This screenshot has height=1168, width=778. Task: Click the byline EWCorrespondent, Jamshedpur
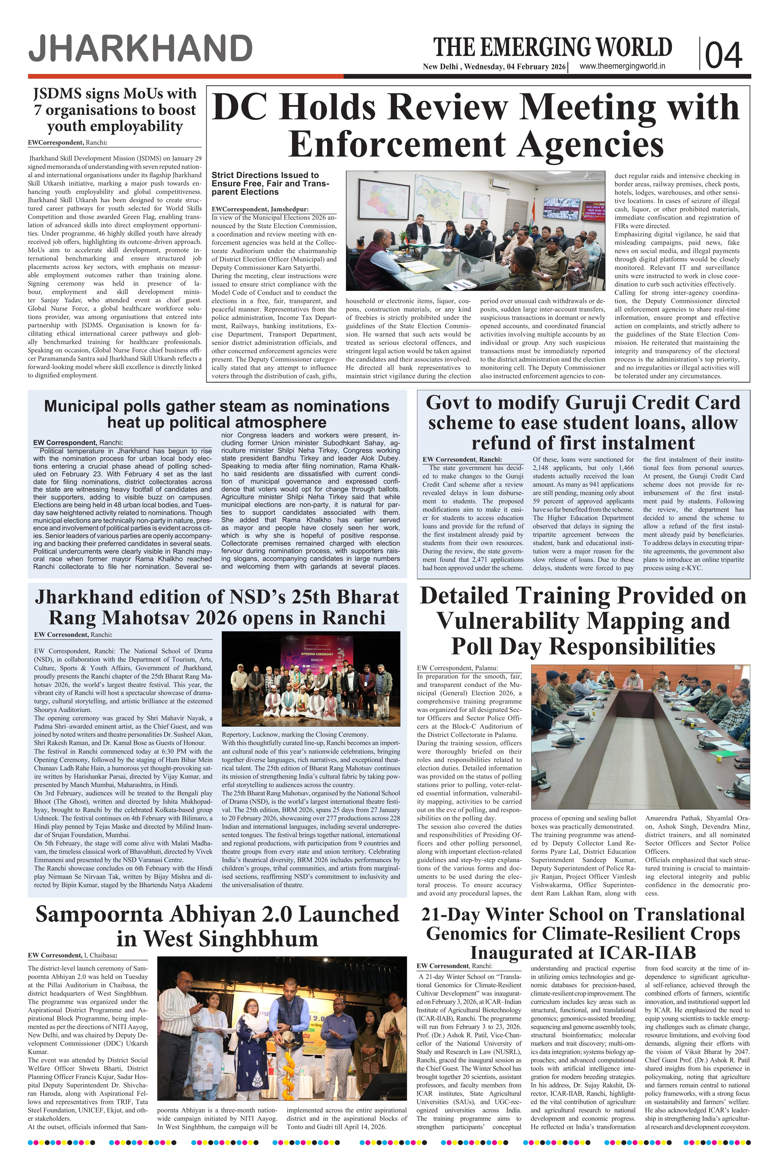[266, 210]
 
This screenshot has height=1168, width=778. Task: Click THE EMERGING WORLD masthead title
[552, 48]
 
